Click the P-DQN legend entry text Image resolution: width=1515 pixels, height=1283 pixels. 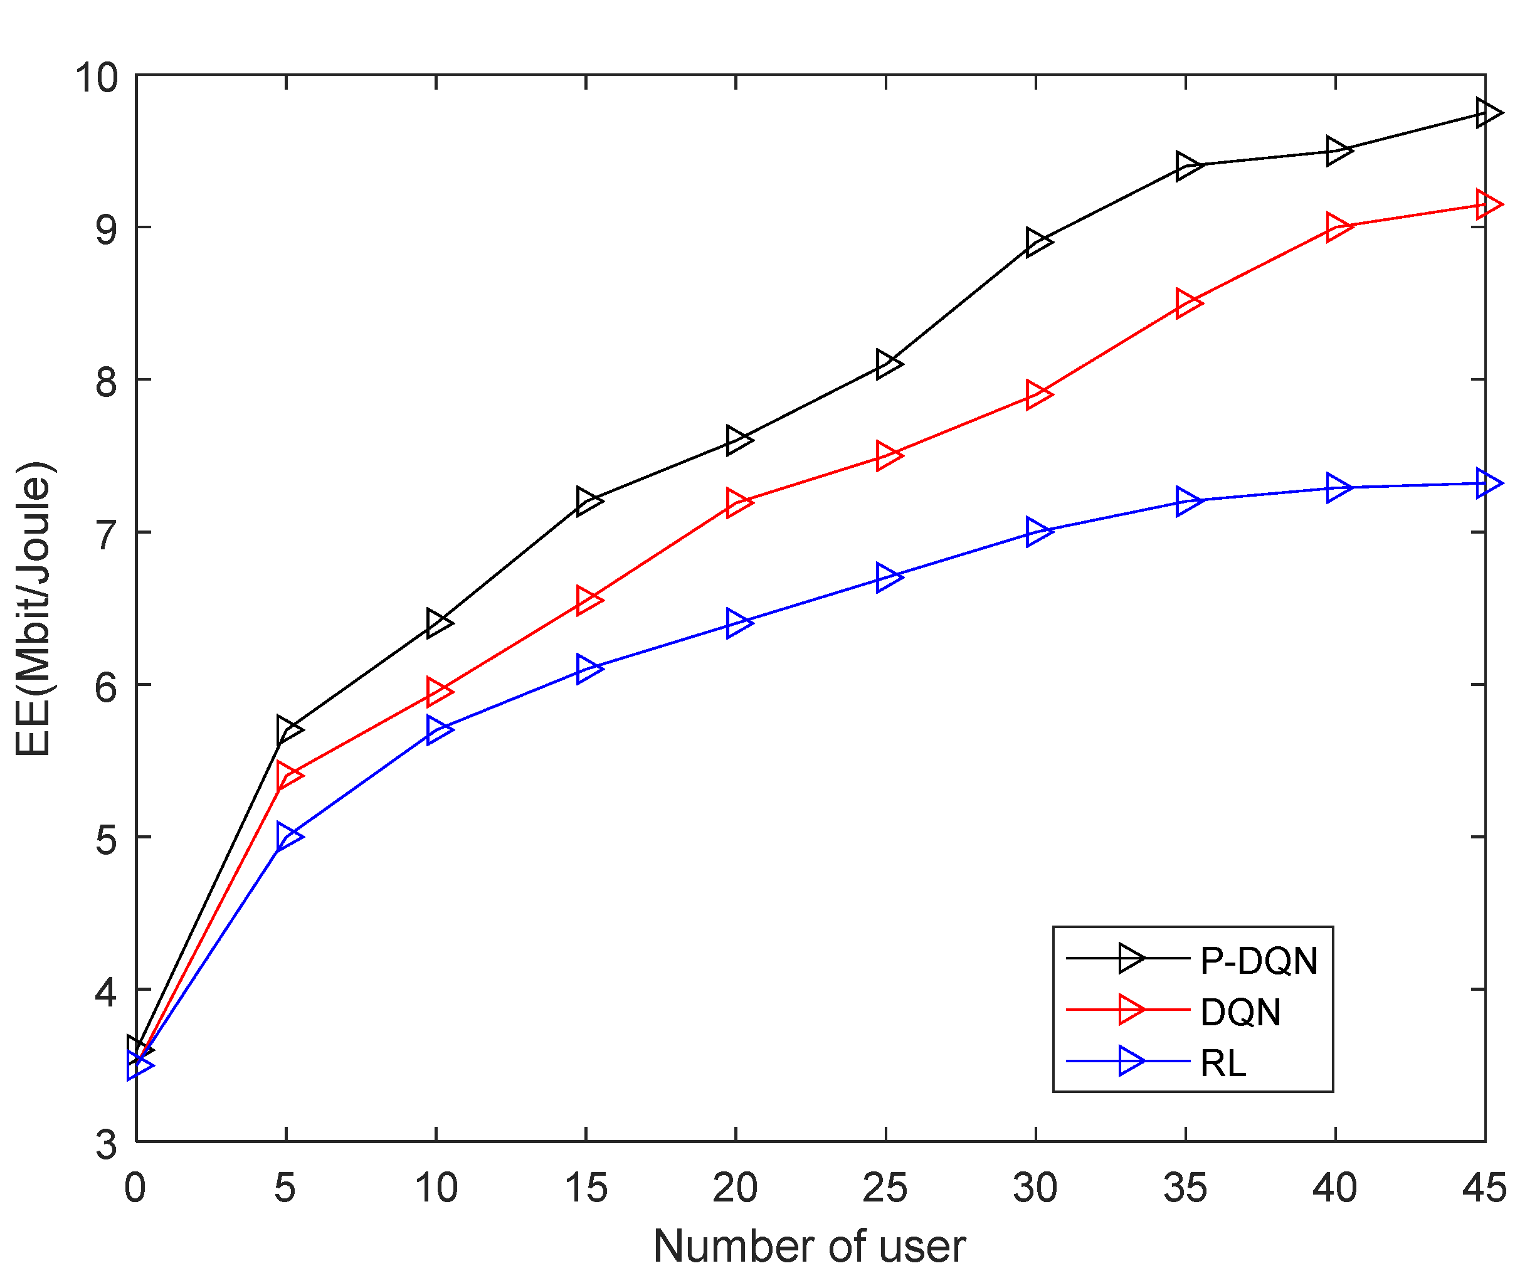(1259, 961)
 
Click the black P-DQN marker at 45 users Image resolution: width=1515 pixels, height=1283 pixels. (1487, 113)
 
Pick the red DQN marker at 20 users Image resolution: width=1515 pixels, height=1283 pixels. (738, 502)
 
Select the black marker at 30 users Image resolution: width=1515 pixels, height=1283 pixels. (1038, 241)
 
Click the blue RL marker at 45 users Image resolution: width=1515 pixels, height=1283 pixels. (1487, 483)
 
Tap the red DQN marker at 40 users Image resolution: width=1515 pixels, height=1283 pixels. (1338, 227)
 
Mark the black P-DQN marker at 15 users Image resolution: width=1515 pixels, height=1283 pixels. (588, 501)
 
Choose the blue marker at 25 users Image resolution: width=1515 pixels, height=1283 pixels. (888, 578)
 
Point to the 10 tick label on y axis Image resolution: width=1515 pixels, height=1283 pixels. (96, 77)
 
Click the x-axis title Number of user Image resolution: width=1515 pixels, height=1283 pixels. (810, 1247)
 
